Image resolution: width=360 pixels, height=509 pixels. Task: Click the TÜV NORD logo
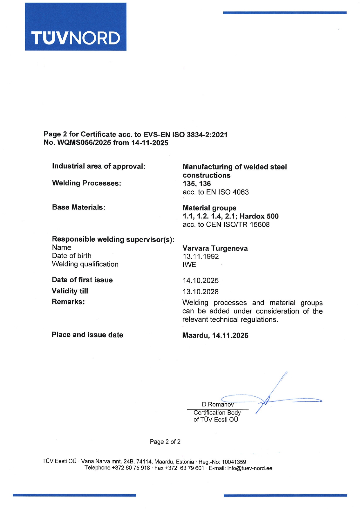[75, 27]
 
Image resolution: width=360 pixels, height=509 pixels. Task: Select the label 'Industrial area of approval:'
[98, 166]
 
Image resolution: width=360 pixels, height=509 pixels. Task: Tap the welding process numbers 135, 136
[197, 184]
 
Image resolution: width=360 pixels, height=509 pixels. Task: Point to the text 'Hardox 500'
[259, 216]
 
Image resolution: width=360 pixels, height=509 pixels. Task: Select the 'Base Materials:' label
[78, 207]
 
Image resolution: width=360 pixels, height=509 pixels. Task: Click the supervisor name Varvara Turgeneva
[215, 248]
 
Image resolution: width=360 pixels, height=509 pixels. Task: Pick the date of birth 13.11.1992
[201, 257]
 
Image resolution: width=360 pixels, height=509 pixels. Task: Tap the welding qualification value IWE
[189, 265]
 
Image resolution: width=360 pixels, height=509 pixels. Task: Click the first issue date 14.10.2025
[201, 281]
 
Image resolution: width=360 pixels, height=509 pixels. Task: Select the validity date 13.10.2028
[201, 292]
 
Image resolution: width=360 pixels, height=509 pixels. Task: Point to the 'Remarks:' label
[68, 302]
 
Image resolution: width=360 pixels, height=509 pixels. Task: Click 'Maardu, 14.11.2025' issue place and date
[215, 335]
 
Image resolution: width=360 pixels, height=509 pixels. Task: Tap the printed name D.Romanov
[218, 404]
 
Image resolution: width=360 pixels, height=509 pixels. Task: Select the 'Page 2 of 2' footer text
[165, 442]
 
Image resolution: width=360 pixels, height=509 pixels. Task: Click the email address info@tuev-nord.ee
[250, 468]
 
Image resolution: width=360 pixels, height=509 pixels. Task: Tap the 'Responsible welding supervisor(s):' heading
[113, 239]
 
